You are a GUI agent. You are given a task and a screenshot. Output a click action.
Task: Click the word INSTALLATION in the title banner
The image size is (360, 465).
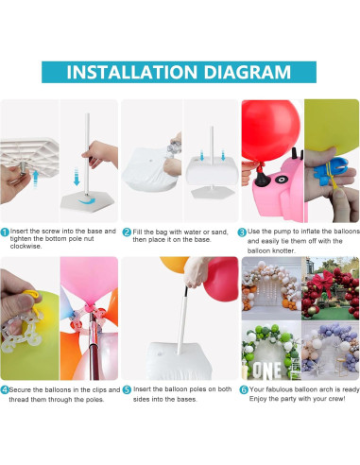132,72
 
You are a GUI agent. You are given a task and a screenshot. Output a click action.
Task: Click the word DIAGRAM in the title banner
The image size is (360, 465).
247,72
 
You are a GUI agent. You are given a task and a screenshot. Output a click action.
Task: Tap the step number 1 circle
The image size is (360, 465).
5,232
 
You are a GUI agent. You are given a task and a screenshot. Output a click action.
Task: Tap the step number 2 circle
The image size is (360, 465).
127,232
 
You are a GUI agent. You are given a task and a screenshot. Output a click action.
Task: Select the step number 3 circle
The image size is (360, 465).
242,232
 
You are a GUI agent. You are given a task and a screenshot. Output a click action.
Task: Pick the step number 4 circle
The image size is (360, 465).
5,390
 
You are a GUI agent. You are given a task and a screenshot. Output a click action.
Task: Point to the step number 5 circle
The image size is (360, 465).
127,390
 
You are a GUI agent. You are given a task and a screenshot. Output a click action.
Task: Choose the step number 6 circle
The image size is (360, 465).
244,390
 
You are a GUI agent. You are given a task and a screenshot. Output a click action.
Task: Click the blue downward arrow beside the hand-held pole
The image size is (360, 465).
77,177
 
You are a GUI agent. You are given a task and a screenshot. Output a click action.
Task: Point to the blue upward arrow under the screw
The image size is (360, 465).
36,178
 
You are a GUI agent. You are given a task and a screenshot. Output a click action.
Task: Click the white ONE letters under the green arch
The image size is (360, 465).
267,370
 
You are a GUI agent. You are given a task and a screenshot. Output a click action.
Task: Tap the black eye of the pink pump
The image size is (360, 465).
281,180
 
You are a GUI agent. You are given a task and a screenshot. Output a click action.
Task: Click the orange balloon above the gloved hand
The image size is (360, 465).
174,264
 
